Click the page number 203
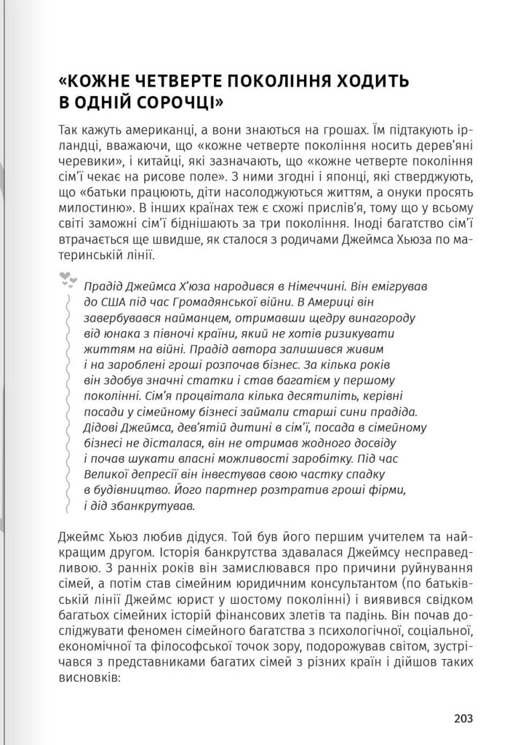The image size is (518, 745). tap(463, 718)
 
